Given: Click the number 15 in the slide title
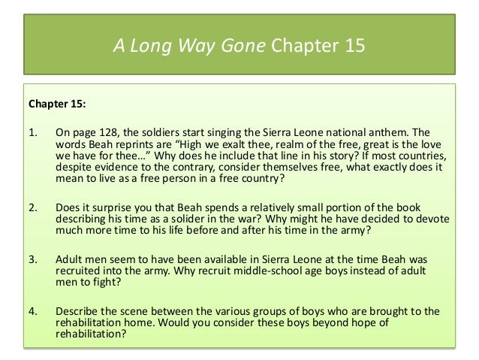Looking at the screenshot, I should pos(351,47).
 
